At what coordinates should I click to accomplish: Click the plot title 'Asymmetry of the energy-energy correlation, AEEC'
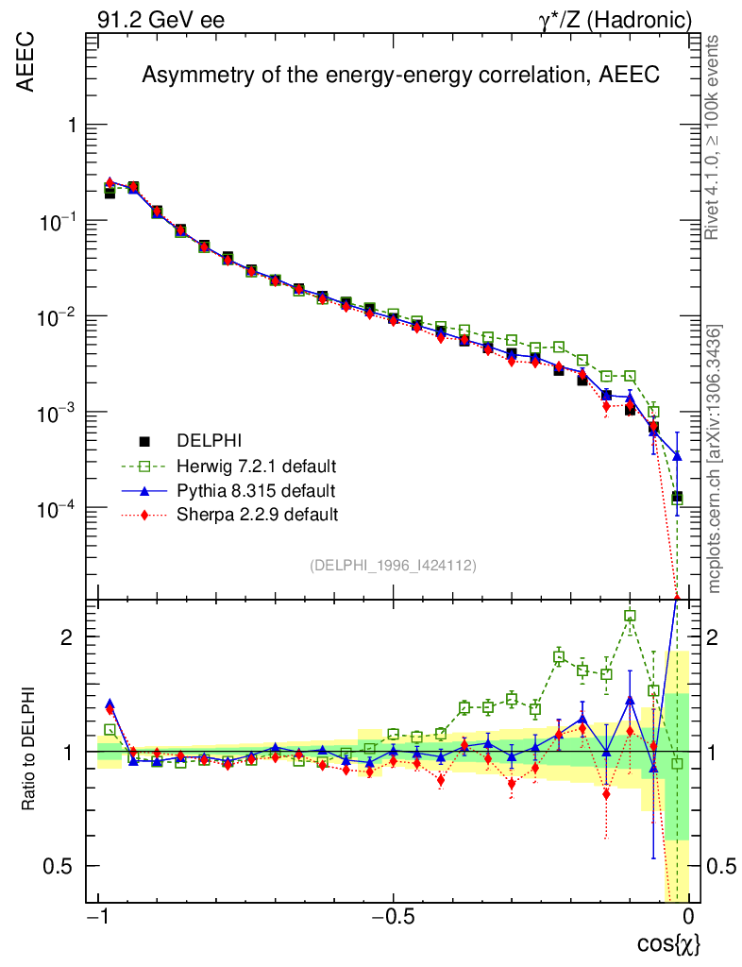click(399, 76)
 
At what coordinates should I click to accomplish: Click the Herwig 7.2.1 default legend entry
click(257, 466)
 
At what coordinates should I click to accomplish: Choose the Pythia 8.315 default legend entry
click(256, 490)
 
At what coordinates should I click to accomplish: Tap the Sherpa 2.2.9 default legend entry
click(258, 515)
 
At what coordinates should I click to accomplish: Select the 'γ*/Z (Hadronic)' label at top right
click(616, 20)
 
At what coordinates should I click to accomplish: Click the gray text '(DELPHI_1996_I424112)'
click(393, 565)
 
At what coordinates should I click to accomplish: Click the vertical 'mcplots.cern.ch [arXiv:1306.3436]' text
click(715, 458)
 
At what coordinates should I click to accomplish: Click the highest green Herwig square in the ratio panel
click(630, 616)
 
